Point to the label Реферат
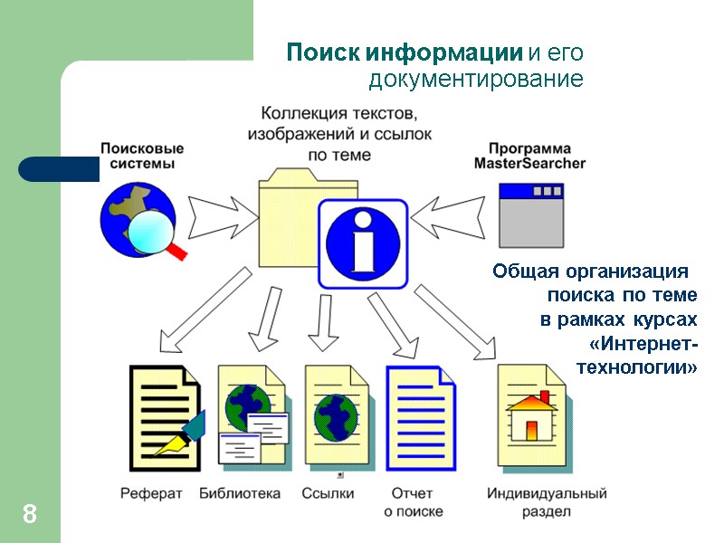(x=151, y=494)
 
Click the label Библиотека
(x=240, y=494)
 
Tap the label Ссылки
(x=328, y=494)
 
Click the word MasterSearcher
(x=529, y=165)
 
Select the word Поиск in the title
(x=313, y=52)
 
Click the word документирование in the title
(x=475, y=80)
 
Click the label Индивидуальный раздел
(x=546, y=502)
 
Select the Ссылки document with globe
(x=336, y=416)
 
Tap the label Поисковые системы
(x=142, y=156)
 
